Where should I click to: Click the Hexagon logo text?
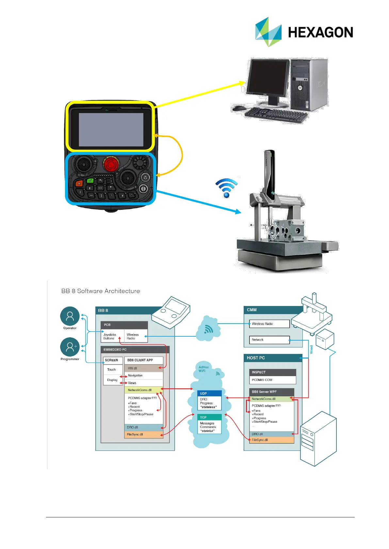point(320,32)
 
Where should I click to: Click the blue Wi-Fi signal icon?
point(226,188)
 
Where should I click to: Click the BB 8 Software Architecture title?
point(101,291)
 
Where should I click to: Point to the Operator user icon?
point(70,316)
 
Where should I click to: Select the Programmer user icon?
point(70,347)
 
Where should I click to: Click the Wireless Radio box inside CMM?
point(269,324)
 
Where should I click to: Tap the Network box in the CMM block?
point(269,340)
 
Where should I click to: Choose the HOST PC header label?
point(256,358)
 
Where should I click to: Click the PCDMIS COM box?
point(272,380)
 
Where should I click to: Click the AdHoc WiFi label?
point(203,369)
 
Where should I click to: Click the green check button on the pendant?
point(90,180)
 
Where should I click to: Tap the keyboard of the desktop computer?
point(276,115)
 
